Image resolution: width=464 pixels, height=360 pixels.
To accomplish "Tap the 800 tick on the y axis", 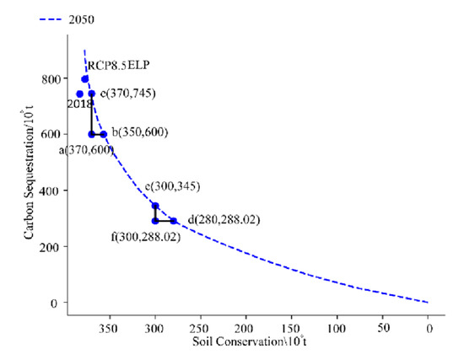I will click(51, 78).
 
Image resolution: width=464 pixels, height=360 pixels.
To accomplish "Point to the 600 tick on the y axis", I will click(51, 134).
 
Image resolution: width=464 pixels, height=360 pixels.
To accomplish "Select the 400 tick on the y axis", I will click(51, 191).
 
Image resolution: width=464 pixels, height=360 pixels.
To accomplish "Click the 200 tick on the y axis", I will click(51, 246).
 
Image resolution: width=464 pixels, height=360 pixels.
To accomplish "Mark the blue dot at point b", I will click(104, 134).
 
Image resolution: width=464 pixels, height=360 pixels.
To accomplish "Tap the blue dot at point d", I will click(173, 221).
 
